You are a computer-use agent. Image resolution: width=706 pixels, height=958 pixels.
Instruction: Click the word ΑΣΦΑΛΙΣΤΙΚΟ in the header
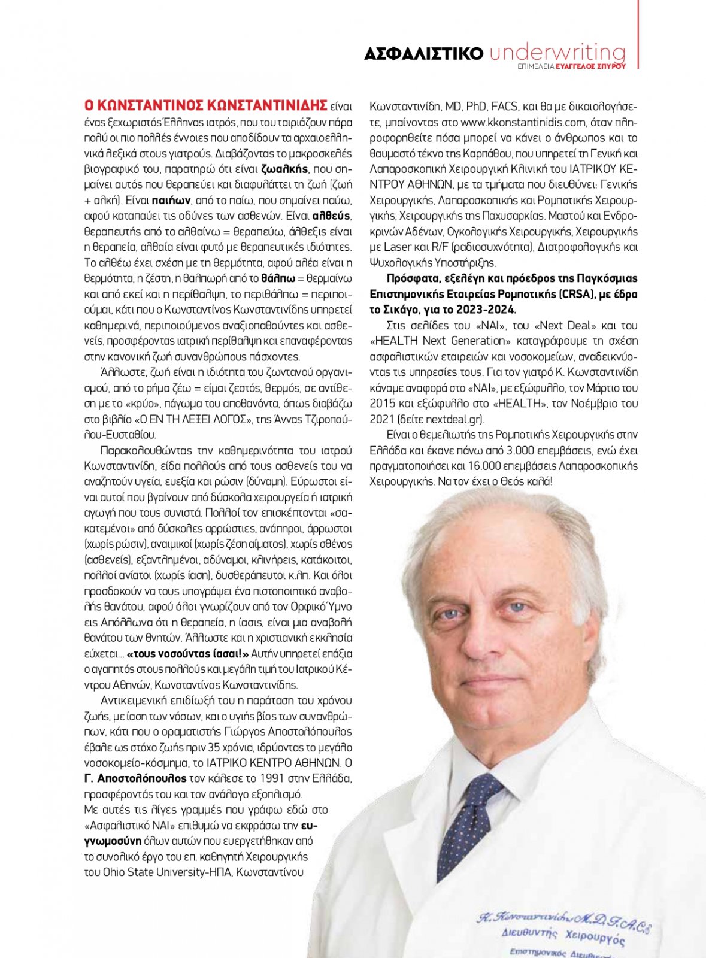pyautogui.click(x=423, y=54)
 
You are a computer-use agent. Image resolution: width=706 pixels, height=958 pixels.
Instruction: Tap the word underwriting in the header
pyautogui.click(x=557, y=52)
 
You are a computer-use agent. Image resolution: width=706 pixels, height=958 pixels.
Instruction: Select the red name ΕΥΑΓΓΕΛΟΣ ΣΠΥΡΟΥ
pyautogui.click(x=590, y=67)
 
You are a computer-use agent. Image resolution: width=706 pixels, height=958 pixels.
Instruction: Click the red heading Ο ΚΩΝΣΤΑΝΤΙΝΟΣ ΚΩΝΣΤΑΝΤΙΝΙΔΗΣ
pyautogui.click(x=206, y=106)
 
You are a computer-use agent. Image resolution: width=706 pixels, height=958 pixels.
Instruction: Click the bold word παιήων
pyautogui.click(x=171, y=200)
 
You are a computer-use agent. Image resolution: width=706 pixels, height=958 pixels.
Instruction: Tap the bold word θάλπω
pyautogui.click(x=278, y=278)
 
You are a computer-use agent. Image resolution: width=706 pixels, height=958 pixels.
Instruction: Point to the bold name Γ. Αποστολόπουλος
pyautogui.click(x=135, y=778)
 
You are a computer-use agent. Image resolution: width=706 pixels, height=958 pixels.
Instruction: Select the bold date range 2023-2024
pyautogui.click(x=485, y=310)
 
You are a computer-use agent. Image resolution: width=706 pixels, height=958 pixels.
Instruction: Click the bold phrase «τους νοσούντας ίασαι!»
pyautogui.click(x=187, y=654)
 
